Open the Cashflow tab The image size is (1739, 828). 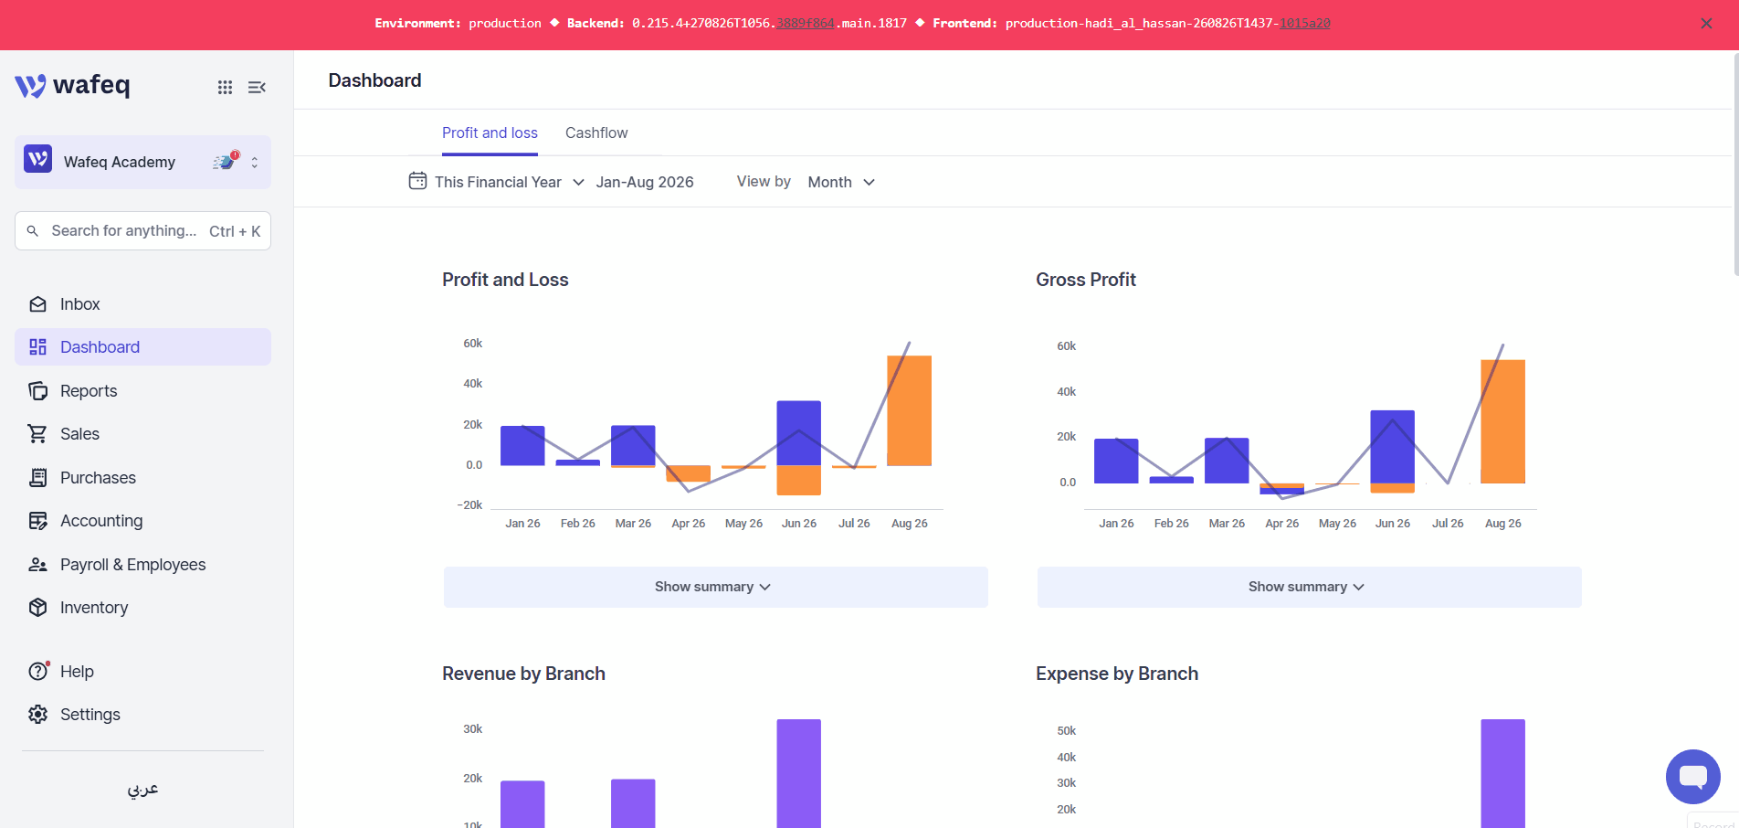(596, 133)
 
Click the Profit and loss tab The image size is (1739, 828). (490, 133)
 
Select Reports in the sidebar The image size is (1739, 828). (89, 391)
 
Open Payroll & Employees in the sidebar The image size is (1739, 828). (132, 565)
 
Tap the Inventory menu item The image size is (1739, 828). (94, 608)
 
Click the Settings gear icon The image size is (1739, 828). (37, 715)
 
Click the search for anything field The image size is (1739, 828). (142, 231)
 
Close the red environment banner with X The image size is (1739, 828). (1706, 24)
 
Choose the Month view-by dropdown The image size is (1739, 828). (841, 182)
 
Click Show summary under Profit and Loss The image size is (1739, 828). (715, 587)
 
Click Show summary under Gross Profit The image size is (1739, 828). (1309, 587)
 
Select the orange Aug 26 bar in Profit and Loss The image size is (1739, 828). (909, 410)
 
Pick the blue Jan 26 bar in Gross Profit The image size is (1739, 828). (1116, 461)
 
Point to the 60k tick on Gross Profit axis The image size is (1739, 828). (1066, 346)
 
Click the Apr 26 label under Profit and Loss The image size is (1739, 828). (688, 524)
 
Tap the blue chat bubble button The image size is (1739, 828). (1692, 777)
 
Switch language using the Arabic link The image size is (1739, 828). (142, 789)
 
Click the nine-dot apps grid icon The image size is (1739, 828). (225, 87)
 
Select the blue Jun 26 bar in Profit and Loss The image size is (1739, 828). (798, 433)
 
